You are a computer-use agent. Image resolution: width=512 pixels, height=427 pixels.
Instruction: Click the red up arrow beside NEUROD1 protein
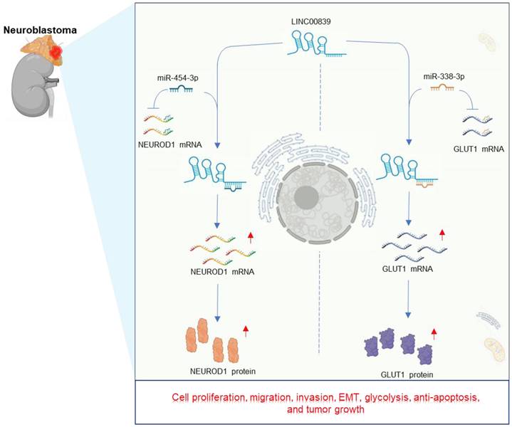tap(247, 330)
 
